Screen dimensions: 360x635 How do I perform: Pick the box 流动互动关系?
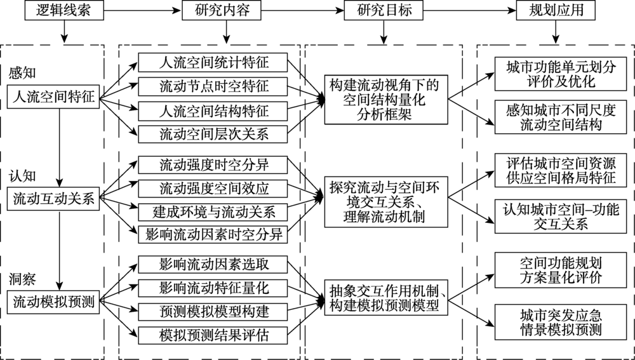(x=54, y=199)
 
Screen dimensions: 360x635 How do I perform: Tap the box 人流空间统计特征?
(x=213, y=63)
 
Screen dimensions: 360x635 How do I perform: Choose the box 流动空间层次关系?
(x=213, y=133)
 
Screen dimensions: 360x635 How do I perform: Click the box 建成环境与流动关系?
(x=213, y=211)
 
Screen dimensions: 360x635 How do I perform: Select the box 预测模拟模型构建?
(x=213, y=311)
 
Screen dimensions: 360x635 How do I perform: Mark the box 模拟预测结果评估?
(x=213, y=334)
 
